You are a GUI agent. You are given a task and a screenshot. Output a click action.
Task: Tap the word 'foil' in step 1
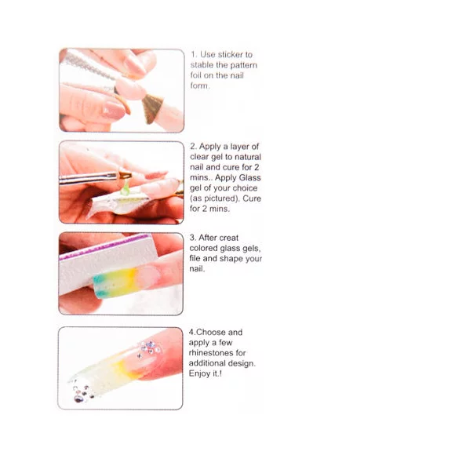(x=196, y=75)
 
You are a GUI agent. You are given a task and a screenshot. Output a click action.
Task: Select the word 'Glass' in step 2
(x=249, y=177)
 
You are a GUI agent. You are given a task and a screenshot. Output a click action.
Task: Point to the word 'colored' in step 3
(x=203, y=249)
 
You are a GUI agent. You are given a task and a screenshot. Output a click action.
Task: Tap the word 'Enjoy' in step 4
(x=199, y=373)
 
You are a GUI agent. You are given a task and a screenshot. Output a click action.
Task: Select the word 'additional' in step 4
(x=206, y=363)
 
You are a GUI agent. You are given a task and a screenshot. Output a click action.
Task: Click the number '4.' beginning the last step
(x=192, y=333)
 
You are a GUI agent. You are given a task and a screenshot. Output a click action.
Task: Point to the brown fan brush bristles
(x=152, y=108)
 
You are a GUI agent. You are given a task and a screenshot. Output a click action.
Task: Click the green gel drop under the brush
(x=125, y=188)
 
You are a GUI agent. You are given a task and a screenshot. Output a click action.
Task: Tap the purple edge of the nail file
(x=104, y=246)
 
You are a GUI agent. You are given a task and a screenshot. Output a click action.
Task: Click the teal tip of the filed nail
(x=100, y=286)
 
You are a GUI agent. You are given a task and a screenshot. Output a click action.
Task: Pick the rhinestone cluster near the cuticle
(x=149, y=349)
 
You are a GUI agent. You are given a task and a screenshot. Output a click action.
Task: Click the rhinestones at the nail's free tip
(x=82, y=393)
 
